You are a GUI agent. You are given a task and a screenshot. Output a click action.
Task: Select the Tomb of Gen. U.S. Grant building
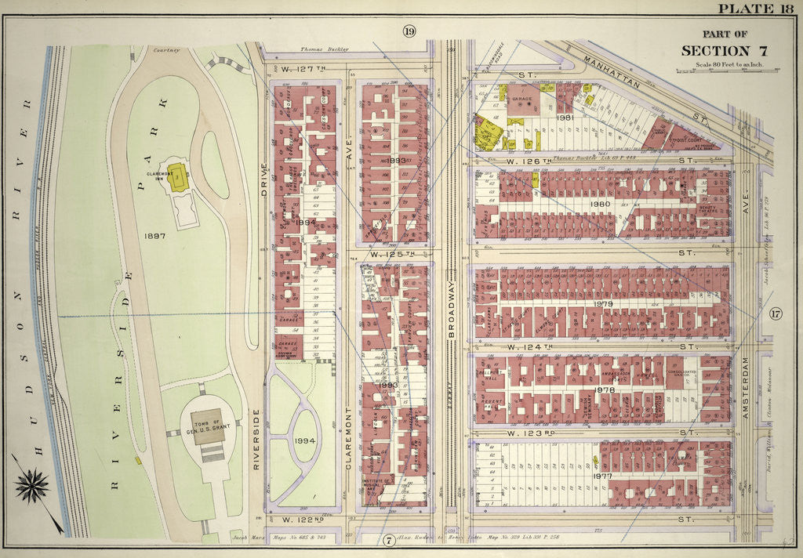[209, 426]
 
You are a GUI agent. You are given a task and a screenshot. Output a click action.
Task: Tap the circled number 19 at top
[409, 31]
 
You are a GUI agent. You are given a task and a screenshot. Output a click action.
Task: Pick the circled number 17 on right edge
[776, 315]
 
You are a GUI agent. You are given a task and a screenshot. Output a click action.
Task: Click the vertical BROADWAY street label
[451, 305]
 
